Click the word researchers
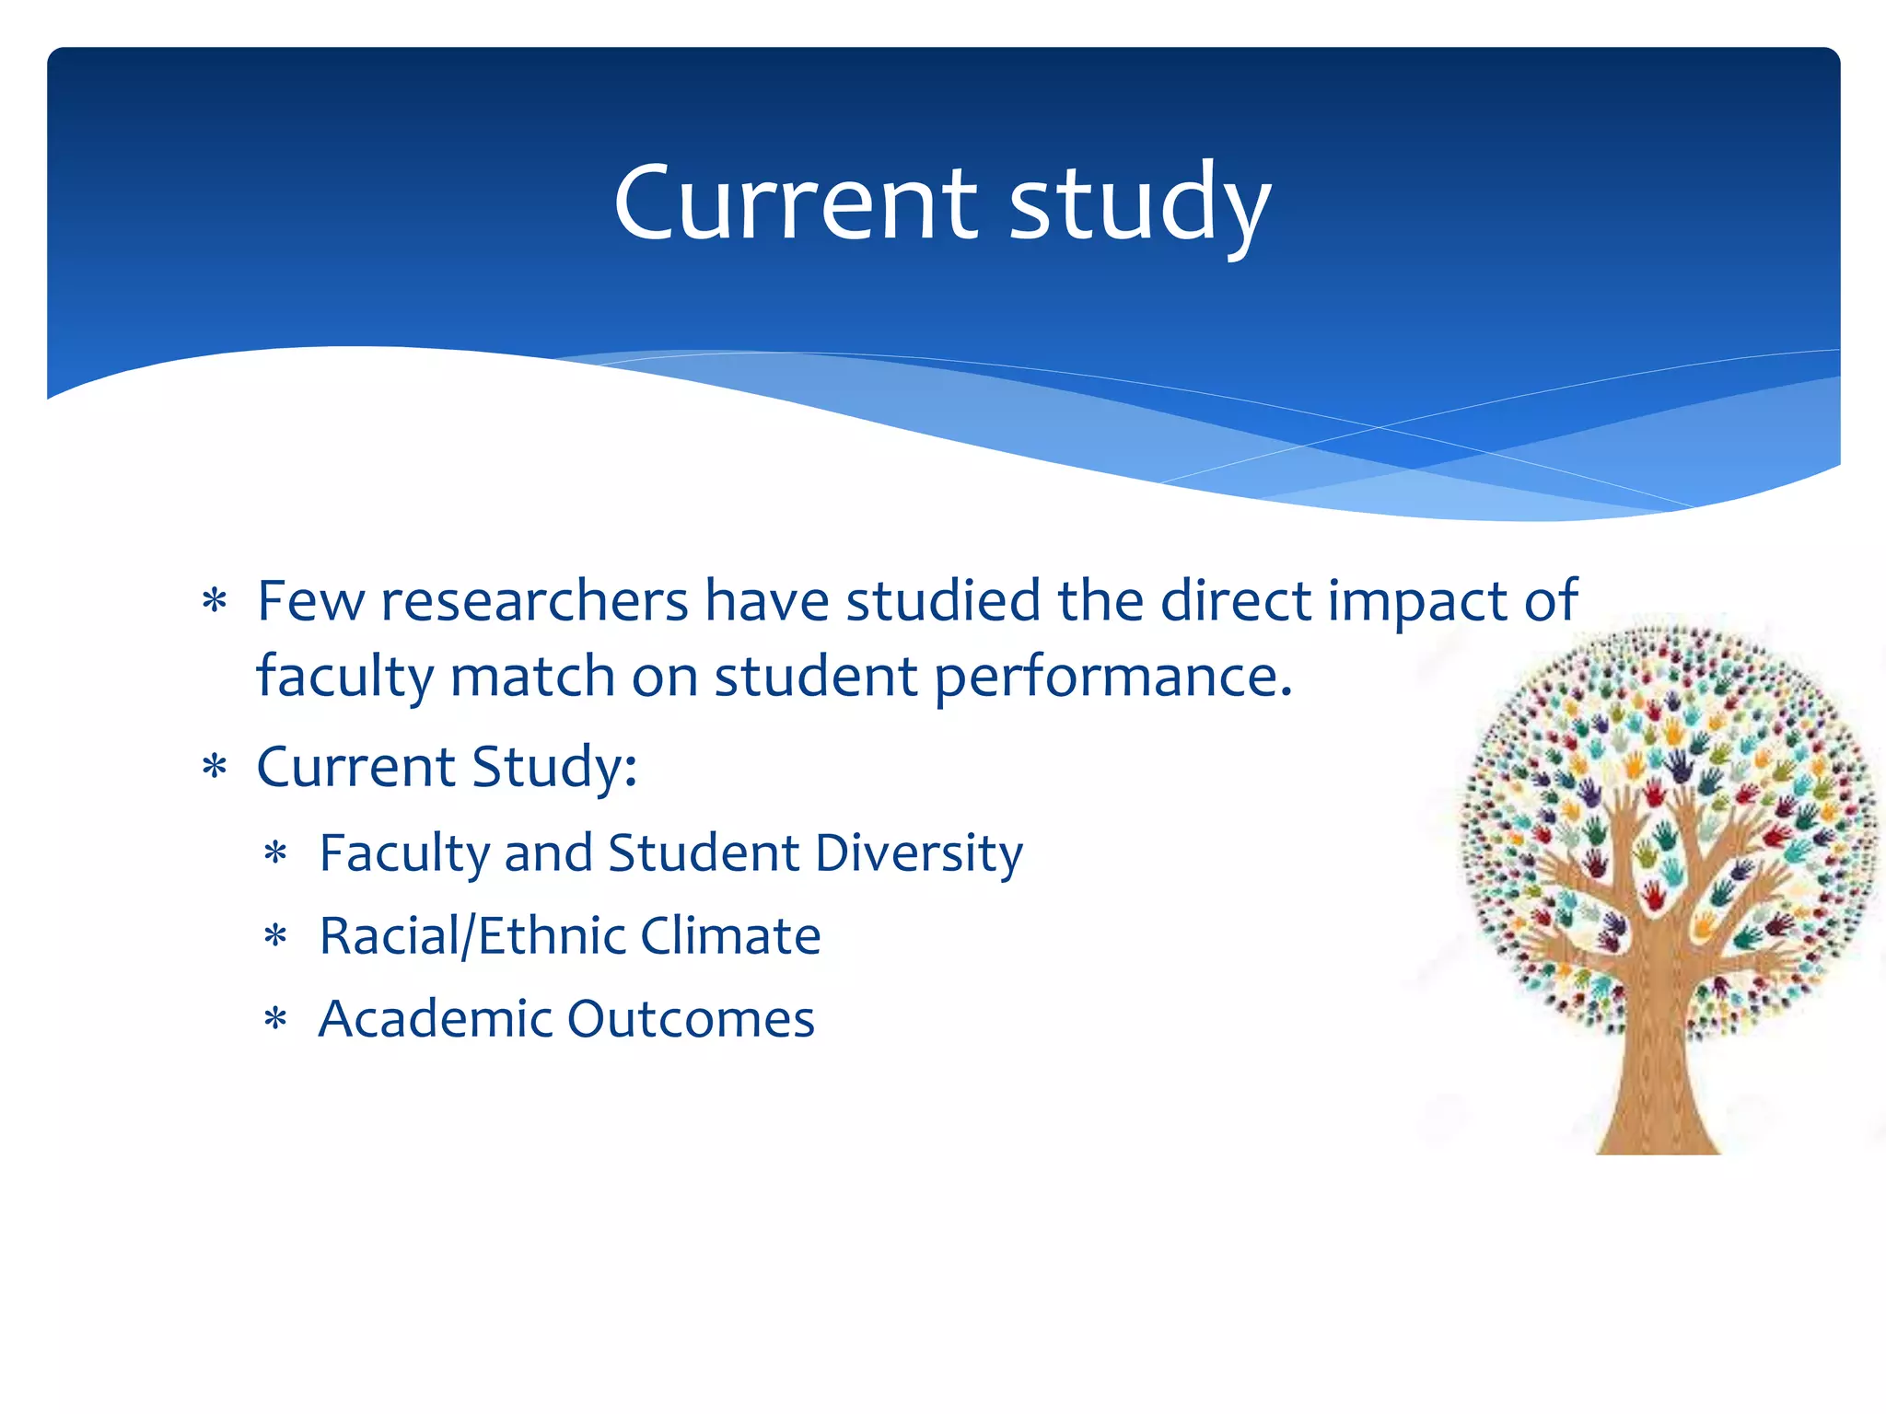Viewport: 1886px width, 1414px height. point(534,601)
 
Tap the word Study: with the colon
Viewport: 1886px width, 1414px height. point(553,767)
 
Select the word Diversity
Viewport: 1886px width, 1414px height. point(918,852)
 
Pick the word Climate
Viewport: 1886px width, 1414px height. point(730,936)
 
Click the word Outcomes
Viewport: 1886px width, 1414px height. point(691,1019)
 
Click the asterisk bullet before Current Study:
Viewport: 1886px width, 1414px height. point(215,768)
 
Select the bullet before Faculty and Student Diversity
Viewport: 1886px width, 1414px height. point(276,854)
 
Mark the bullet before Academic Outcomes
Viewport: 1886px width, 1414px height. point(276,1020)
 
